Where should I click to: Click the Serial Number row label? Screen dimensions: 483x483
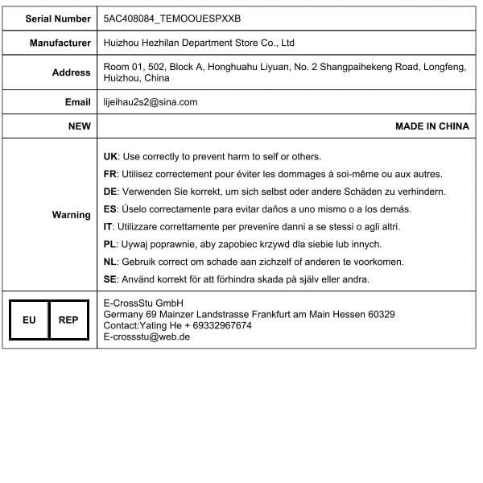tap(58, 18)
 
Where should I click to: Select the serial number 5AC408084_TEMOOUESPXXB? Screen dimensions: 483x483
tap(172, 18)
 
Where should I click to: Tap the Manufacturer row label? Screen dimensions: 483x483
tap(60, 43)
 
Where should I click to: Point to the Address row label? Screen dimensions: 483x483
tap(72, 72)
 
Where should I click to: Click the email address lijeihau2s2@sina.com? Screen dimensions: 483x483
tap(151, 102)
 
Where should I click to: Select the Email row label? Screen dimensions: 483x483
tap(78, 102)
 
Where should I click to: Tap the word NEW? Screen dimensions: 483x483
tap(79, 126)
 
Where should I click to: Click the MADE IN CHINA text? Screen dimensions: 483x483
tap(431, 126)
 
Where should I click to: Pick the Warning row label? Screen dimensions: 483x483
tap(72, 215)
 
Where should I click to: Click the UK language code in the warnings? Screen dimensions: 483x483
tap(111, 156)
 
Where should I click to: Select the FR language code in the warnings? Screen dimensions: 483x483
tap(111, 174)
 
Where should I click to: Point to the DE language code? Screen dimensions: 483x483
tap(111, 192)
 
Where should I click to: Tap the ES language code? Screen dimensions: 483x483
tap(111, 209)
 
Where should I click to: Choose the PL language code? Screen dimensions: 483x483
tap(111, 244)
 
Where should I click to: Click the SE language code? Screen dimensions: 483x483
tap(111, 279)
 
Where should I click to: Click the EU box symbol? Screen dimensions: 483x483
tap(29, 320)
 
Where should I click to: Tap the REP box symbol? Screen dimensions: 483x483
tap(68, 320)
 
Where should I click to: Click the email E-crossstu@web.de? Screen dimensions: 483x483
tap(147, 336)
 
